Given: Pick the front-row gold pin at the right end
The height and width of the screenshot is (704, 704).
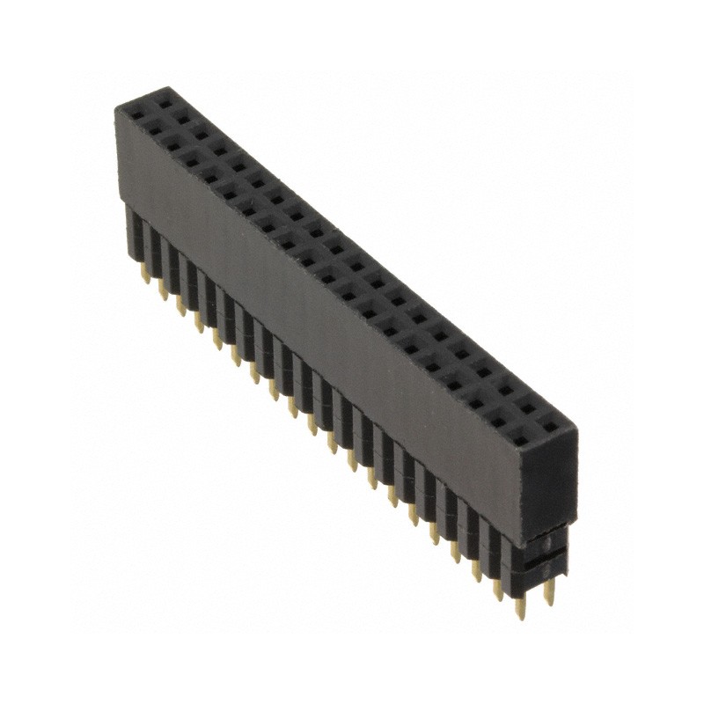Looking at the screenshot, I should [x=520, y=607].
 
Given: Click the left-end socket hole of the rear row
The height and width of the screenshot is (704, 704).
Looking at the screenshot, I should [x=163, y=94].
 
